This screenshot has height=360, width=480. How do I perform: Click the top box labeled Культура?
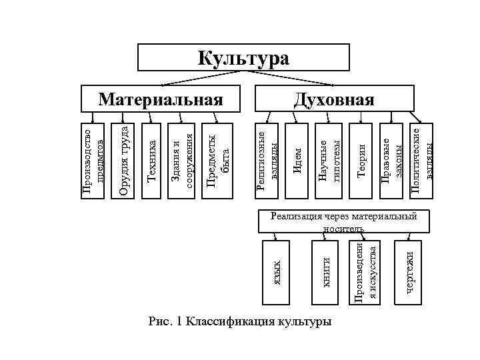243,58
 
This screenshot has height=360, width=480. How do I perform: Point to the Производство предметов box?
92,160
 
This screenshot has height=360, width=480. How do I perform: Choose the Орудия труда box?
123,160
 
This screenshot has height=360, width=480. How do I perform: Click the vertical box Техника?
151,160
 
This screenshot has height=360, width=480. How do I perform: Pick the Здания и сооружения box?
181,160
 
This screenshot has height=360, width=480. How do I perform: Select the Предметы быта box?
218,160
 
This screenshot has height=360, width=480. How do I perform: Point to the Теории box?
361,160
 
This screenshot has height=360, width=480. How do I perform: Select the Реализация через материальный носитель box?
343,221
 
